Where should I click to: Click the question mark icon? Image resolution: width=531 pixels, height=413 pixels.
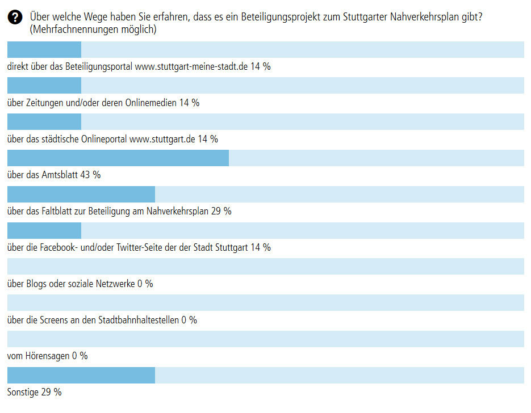click(x=15, y=18)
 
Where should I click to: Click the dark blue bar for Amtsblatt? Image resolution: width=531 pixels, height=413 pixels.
click(x=118, y=158)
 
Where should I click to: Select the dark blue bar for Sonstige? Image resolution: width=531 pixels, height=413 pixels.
click(x=81, y=376)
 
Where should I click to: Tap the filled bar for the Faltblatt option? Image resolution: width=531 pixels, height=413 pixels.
click(x=81, y=195)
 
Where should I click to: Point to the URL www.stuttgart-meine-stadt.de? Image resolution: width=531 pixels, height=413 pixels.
click(x=191, y=66)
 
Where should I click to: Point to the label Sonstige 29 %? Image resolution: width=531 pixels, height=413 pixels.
click(x=35, y=393)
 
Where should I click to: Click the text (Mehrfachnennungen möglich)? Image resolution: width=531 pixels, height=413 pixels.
click(x=93, y=29)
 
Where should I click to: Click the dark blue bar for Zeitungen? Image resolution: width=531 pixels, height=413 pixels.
click(x=44, y=86)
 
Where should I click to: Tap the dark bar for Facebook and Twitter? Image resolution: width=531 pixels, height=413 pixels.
click(x=44, y=231)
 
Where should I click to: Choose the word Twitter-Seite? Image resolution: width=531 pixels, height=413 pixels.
click(x=141, y=247)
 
